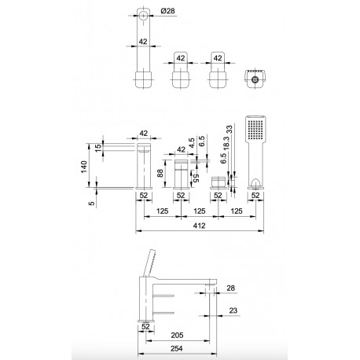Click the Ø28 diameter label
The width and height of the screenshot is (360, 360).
tap(167, 11)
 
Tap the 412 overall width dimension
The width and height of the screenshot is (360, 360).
tap(200, 226)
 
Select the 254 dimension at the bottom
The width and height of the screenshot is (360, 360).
tap(177, 348)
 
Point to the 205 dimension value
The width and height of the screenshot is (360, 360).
tap(177, 335)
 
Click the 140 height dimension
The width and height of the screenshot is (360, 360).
tap(84, 167)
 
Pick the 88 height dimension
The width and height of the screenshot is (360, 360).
tap(160, 173)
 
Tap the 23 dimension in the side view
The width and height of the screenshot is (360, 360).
tap(233, 310)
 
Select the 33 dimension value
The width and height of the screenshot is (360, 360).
tap(229, 129)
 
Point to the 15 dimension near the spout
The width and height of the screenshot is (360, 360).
tap(97, 148)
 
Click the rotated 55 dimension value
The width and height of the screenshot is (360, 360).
tap(197, 178)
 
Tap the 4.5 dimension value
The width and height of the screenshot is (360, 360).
tap(192, 143)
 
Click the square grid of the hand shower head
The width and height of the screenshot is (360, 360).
tap(255, 130)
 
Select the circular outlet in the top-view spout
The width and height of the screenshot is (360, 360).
tap(143, 16)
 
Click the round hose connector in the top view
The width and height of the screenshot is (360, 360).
tap(254, 79)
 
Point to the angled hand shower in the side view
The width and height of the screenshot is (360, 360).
tap(149, 263)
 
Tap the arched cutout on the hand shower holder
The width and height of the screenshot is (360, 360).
tap(255, 182)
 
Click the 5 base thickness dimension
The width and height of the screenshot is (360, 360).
tap(92, 203)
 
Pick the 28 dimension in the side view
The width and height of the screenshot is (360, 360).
tap(230, 288)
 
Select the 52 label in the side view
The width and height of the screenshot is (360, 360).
tap(145, 326)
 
